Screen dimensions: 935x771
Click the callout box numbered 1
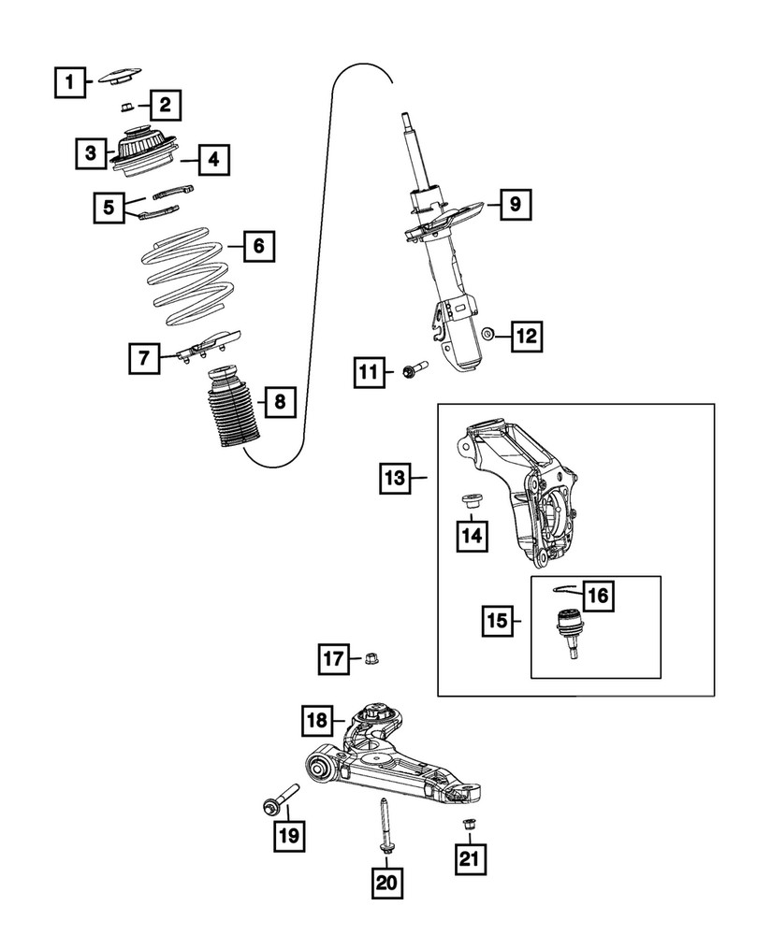click(67, 83)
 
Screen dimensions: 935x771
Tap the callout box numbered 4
click(213, 160)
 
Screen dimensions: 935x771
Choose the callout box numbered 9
click(516, 203)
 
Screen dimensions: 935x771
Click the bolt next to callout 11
click(413, 373)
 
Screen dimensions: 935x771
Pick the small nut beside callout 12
click(487, 334)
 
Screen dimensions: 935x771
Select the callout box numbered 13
click(396, 480)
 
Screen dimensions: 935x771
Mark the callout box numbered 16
click(597, 595)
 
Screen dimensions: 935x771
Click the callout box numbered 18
click(317, 721)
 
